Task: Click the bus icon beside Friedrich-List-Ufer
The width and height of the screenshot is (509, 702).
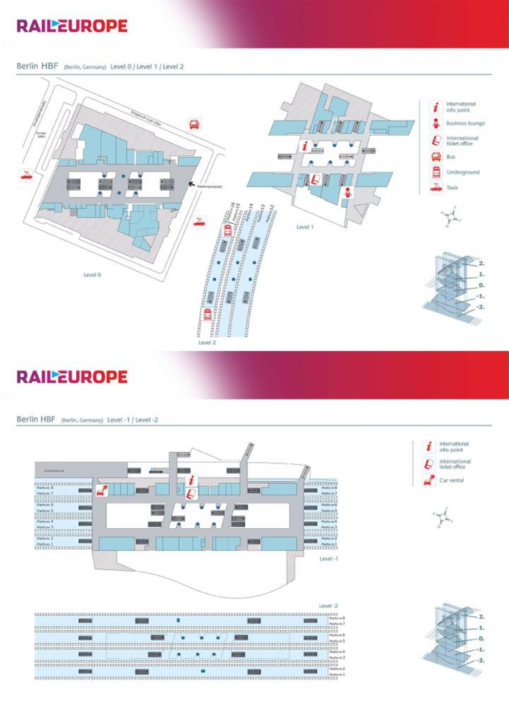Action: coord(194,124)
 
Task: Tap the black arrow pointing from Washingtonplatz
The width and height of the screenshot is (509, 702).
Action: coord(192,184)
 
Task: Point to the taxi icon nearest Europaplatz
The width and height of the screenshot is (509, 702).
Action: coord(26,175)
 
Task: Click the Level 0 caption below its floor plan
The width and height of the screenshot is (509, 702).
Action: coord(92,275)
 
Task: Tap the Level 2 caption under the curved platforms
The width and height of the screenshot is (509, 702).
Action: coord(207,343)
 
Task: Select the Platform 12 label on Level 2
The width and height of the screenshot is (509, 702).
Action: coord(269,214)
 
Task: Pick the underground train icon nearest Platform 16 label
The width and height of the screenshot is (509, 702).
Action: coord(227,230)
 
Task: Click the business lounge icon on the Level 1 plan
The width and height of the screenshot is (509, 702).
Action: coord(348,192)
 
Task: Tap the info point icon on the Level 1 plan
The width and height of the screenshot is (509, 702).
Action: coord(305,147)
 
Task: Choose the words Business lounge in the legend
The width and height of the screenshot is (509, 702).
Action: coord(465,123)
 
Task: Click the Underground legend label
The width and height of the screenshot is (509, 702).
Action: coord(463,173)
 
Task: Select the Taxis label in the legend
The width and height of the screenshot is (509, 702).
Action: coord(452,188)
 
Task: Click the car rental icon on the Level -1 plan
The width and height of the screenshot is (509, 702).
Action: coord(101,490)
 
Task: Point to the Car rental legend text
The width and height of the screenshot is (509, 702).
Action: coord(451,480)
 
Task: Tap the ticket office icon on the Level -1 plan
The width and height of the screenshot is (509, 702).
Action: coord(192,493)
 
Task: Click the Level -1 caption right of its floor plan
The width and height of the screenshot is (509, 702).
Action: coord(329,559)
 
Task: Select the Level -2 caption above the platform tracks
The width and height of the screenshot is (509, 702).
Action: coord(328,606)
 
